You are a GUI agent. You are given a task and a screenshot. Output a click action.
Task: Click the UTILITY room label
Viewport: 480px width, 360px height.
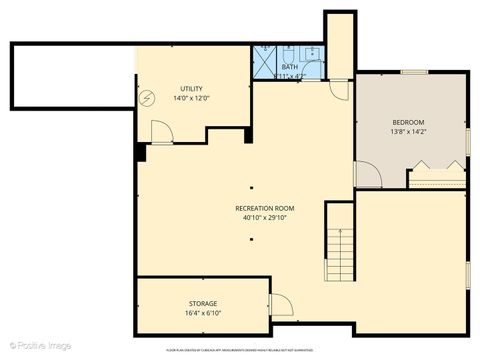click(x=191, y=89)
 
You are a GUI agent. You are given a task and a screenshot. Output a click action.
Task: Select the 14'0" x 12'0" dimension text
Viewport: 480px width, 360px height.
click(x=191, y=98)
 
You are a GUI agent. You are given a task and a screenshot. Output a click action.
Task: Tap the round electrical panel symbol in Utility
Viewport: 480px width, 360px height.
click(x=148, y=98)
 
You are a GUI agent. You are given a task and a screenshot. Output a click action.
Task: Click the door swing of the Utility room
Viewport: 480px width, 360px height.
click(x=160, y=131)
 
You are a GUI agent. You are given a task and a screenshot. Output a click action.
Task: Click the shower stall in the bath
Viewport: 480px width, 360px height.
click(x=264, y=62)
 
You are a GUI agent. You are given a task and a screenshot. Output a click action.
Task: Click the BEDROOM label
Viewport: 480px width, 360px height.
click(x=408, y=122)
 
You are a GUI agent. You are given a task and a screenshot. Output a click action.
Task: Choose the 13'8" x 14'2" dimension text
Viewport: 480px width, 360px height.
click(x=408, y=131)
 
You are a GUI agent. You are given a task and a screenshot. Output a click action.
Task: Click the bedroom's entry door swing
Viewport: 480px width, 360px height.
click(x=368, y=175)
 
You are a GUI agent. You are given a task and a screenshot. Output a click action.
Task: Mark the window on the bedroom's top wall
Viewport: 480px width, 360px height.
click(x=415, y=72)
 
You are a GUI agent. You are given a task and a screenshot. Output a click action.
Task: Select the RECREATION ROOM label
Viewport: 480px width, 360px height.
click(x=265, y=208)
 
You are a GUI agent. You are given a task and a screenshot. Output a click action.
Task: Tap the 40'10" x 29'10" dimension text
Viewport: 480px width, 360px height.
click(x=265, y=217)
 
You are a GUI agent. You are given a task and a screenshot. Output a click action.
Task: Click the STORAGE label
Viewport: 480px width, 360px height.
click(x=203, y=303)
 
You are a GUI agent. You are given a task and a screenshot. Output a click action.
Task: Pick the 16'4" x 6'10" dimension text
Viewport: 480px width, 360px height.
click(x=203, y=312)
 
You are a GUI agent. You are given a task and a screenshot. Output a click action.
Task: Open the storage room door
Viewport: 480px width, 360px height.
click(x=280, y=305)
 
